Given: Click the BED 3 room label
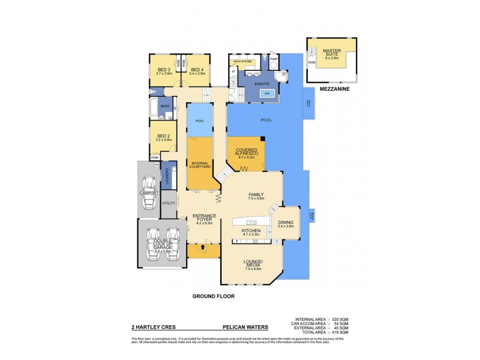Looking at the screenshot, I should click(163, 70).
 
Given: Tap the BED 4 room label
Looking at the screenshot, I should click(197, 70).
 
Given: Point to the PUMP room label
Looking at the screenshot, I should click(273, 59).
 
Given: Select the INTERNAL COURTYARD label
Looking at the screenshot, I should click(199, 164).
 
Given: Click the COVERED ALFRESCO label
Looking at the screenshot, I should click(246, 152).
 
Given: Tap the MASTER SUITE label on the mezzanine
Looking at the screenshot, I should click(331, 53).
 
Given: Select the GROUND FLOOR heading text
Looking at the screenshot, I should click(213, 296).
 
